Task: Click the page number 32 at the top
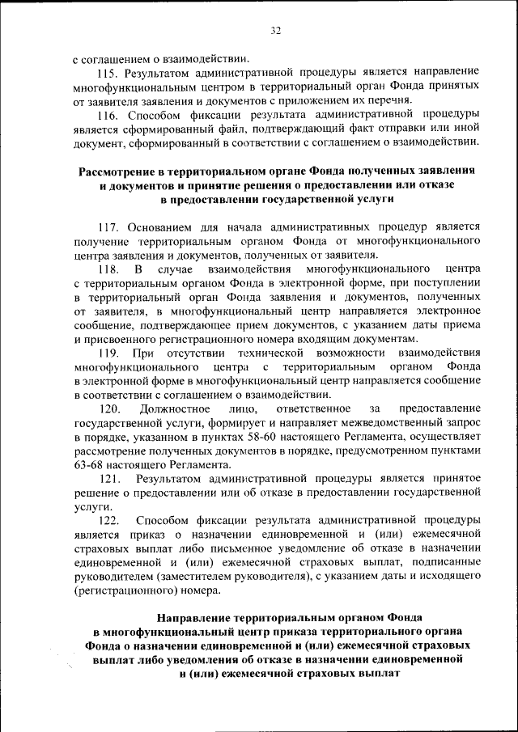(x=275, y=31)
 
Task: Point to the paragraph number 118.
(x=108, y=269)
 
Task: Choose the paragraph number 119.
(x=108, y=353)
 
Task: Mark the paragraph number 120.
(x=109, y=408)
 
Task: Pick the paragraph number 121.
(x=108, y=479)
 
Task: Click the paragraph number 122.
(x=108, y=521)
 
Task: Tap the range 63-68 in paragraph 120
(x=89, y=464)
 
